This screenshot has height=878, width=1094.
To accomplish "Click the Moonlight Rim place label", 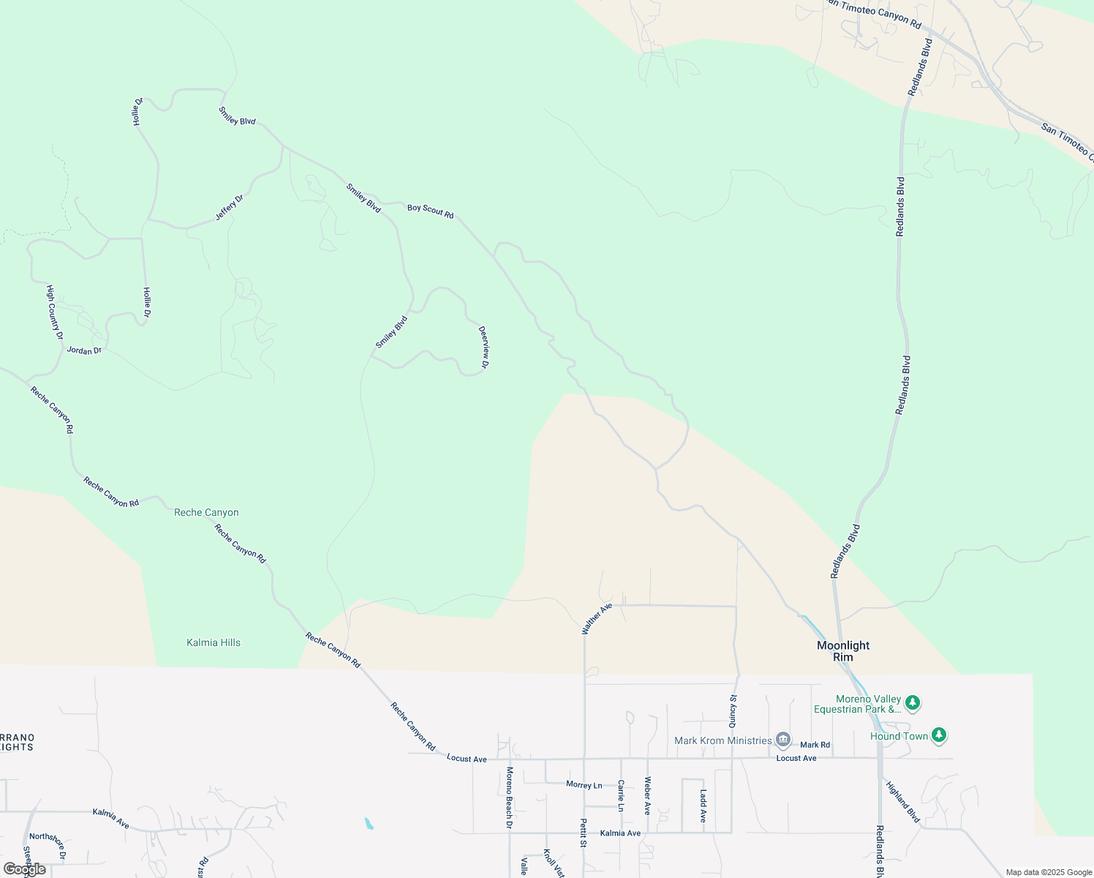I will (x=843, y=650).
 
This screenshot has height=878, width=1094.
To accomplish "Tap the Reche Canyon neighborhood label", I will (x=206, y=512).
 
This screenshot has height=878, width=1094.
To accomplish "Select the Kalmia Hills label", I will (x=214, y=642).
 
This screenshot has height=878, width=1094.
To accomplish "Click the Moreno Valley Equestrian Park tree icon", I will (x=912, y=703).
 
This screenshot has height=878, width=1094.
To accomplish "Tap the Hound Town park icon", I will (x=939, y=735).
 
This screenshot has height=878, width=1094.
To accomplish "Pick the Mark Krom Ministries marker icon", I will (x=783, y=740).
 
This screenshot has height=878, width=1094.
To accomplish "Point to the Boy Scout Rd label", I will (x=430, y=211).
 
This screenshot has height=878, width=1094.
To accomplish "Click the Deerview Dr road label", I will (x=484, y=347).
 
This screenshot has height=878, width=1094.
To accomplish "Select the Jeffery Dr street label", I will (x=229, y=208).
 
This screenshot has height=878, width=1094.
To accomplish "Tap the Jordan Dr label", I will (x=84, y=350).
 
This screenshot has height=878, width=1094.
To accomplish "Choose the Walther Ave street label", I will (x=596, y=619).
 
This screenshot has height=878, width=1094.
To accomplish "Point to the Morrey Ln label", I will (x=584, y=785).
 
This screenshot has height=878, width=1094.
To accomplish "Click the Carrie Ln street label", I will (x=621, y=795).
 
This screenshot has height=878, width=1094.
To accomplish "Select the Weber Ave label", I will (x=647, y=795).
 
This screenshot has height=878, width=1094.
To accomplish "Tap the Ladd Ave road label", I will (x=703, y=805).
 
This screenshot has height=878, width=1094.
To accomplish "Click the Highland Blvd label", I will (x=902, y=802).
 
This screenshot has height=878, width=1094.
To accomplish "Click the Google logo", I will (x=24, y=869).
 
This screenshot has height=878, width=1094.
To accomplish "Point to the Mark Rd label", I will (x=815, y=745).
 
